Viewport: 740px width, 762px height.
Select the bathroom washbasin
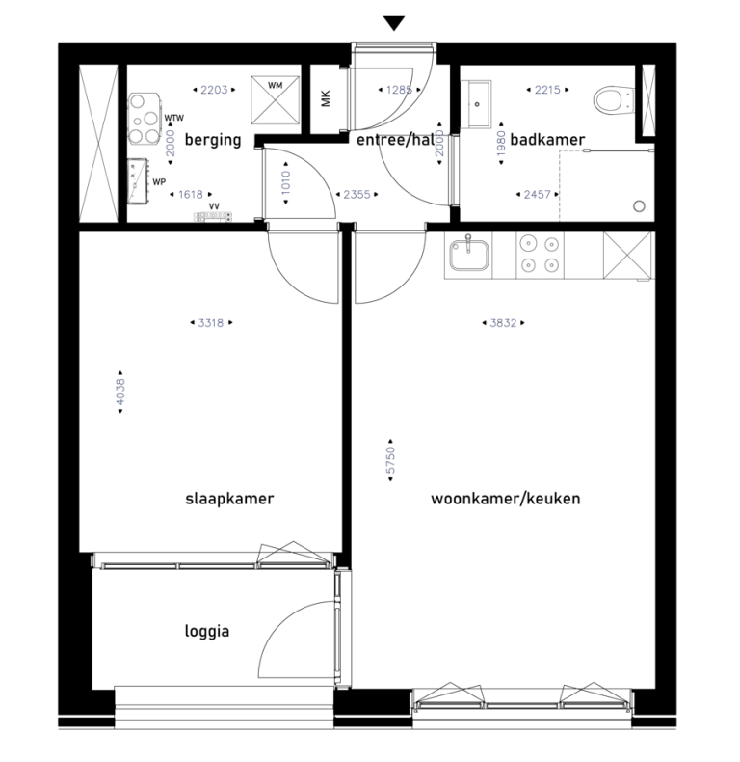479,96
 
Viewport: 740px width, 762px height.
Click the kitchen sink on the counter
469,257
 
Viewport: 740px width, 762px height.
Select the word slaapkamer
230,499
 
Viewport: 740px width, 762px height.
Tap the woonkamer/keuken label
506,499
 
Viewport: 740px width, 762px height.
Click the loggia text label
206,632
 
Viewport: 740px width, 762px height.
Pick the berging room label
213,140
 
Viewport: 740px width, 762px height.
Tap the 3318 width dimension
210,323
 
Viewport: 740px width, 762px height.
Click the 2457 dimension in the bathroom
536,194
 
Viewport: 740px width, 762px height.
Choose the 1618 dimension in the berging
190,194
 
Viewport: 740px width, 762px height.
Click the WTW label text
174,119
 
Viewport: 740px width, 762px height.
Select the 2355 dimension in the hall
357,194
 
